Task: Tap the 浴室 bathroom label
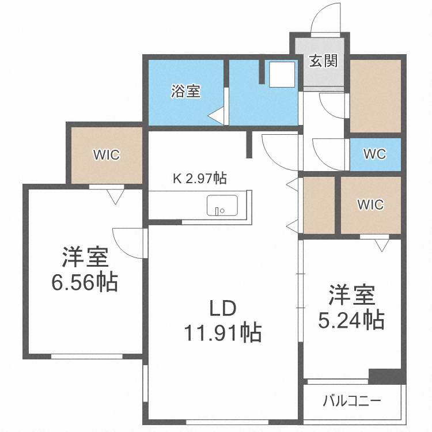tap(185, 91)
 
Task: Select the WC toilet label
tap(374, 154)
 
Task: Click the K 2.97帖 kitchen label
tap(200, 179)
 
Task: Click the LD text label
tap(222, 309)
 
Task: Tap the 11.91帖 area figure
tap(222, 332)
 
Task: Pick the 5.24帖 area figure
tap(351, 320)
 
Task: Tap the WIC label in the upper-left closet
tap(107, 155)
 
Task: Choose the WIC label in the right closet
tap(370, 204)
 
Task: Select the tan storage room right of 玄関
tap(375, 95)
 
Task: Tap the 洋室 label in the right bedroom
tap(351, 296)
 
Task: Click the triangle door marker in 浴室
tap(216, 116)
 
